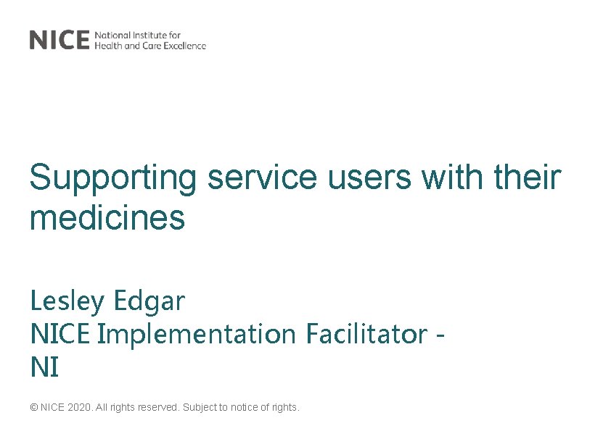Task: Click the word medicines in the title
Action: pos(107,217)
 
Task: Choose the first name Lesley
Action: pos(63,301)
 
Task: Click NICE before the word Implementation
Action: pos(61,335)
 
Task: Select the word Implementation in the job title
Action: pos(196,335)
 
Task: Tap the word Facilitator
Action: pos(366,335)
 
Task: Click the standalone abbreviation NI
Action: pos(44,368)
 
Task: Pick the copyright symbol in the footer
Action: pos(33,408)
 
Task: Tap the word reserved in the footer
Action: pos(158,408)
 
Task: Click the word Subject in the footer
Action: pos(200,408)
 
